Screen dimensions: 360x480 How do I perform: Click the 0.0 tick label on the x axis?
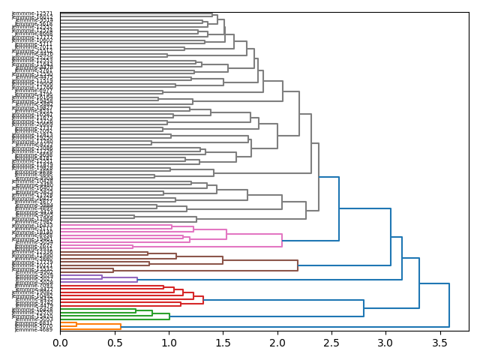click(x=60, y=343)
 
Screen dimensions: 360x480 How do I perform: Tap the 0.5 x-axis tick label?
click(x=114, y=343)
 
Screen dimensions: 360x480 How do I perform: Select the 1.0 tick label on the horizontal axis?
click(x=169, y=343)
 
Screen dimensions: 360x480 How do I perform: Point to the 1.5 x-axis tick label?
click(x=223, y=343)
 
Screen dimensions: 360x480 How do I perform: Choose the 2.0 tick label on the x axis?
click(x=277, y=343)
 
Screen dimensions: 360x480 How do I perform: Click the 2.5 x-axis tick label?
click(x=331, y=343)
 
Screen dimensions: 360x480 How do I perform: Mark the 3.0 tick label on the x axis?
click(x=385, y=343)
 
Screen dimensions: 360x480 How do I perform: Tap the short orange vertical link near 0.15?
click(x=76, y=324)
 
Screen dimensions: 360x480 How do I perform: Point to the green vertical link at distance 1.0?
click(x=169, y=316)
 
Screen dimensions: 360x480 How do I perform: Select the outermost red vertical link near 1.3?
click(x=203, y=300)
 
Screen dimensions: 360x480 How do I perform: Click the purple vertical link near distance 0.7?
click(x=137, y=279)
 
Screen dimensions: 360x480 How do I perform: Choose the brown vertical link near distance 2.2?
click(x=298, y=265)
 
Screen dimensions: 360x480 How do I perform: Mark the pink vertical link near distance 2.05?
click(x=282, y=239)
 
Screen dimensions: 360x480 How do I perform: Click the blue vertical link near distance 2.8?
click(x=364, y=307)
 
